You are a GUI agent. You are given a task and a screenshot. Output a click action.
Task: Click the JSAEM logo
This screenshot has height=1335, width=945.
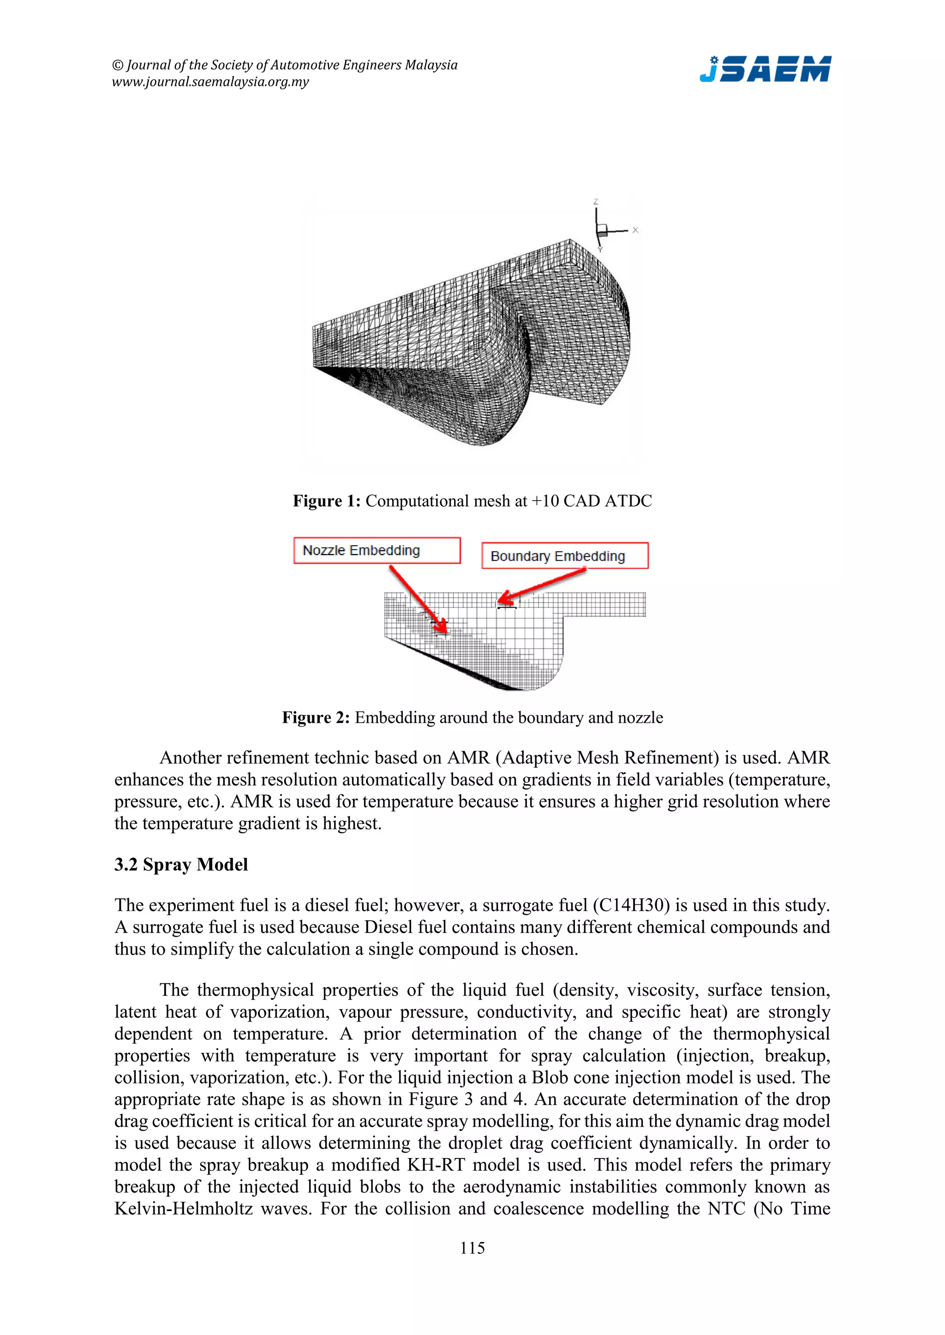765,69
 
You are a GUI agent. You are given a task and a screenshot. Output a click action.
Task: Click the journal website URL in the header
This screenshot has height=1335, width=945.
210,82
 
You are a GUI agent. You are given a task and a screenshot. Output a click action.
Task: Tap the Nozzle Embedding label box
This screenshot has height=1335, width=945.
377,550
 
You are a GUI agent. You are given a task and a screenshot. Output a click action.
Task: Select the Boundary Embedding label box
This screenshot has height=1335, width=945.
564,556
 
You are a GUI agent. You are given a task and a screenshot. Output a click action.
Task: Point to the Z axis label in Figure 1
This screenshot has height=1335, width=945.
595,202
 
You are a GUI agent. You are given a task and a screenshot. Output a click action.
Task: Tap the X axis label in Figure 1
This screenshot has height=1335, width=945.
635,230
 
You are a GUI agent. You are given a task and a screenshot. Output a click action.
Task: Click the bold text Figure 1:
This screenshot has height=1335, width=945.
326,501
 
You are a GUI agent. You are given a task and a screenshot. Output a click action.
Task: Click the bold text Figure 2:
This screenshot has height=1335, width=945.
316,717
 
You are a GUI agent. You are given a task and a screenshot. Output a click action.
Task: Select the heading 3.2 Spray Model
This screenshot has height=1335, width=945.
181,865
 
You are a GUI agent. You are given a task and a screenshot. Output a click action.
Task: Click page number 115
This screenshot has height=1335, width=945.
472,1248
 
